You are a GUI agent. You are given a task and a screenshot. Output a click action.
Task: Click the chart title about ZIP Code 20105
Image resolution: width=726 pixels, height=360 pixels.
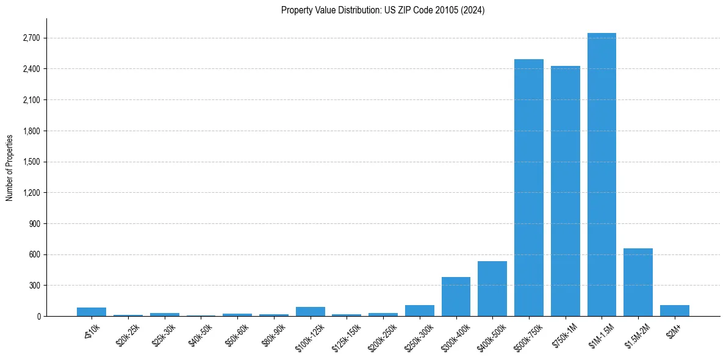(x=383, y=10)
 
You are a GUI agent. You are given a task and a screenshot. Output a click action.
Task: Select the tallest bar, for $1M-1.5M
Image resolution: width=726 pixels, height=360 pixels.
(x=602, y=175)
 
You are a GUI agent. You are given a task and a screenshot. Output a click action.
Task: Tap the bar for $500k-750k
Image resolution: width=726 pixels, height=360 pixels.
(x=528, y=187)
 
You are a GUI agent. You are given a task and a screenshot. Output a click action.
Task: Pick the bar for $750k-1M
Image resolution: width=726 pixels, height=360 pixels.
(x=565, y=191)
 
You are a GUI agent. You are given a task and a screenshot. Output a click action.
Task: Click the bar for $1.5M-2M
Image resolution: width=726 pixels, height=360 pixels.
(x=638, y=282)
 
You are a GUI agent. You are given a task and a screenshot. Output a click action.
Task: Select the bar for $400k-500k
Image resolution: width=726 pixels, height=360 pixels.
(x=492, y=289)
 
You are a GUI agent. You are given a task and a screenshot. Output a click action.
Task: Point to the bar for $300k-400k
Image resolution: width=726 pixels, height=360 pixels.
(x=456, y=297)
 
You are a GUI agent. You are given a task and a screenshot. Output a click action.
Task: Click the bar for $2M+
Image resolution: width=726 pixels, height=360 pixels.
(x=674, y=311)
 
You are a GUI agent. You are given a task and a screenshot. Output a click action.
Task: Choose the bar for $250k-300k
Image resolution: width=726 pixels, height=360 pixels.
(x=419, y=311)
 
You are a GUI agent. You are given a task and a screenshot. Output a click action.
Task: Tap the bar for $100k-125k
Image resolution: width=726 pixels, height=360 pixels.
(x=310, y=311)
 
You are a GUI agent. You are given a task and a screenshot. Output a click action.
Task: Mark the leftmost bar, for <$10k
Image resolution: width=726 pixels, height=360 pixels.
(x=92, y=312)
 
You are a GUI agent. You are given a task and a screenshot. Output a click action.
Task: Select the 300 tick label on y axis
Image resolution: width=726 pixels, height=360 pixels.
(x=34, y=286)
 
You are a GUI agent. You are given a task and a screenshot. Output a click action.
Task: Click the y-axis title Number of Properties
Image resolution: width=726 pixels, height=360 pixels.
(x=10, y=168)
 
